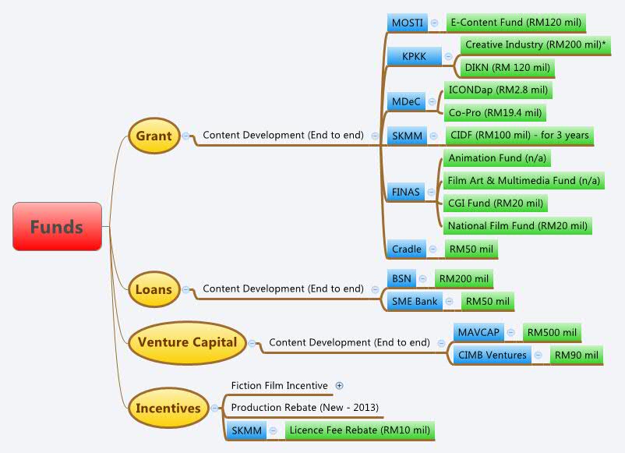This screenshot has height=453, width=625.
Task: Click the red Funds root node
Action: (x=57, y=227)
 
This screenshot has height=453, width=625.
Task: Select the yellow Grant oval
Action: (x=154, y=136)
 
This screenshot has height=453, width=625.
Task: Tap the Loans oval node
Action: (x=154, y=289)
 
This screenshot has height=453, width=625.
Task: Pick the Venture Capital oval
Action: (x=187, y=342)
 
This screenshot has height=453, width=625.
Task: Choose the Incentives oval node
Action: (x=168, y=408)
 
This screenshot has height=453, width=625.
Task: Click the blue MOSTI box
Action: (x=407, y=23)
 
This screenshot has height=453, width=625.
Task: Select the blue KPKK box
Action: (x=414, y=56)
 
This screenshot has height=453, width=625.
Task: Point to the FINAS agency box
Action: (x=406, y=192)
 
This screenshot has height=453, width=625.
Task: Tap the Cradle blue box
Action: (x=407, y=250)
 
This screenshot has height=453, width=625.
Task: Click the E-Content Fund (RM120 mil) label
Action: (x=515, y=23)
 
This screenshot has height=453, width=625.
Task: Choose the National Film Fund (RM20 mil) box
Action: (x=517, y=226)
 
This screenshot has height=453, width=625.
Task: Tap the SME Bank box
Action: (x=415, y=301)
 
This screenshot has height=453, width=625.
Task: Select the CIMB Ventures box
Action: (x=492, y=356)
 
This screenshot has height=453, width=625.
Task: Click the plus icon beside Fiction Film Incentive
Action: (x=339, y=385)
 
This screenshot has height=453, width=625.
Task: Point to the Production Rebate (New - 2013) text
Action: (x=305, y=408)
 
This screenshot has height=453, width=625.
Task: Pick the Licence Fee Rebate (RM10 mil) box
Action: (x=358, y=430)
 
